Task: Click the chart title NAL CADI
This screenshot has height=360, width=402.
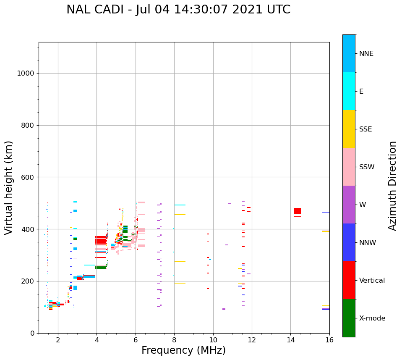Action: click(x=178, y=10)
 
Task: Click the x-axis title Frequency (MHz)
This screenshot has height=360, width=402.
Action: click(x=183, y=350)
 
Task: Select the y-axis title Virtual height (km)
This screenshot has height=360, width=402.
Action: click(x=9, y=188)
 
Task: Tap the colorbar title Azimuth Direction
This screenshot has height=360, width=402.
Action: click(x=392, y=186)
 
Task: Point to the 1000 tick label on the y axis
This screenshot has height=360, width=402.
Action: click(x=25, y=74)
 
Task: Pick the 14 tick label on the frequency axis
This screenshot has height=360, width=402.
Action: click(x=290, y=340)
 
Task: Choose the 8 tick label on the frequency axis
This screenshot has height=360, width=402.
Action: click(x=174, y=340)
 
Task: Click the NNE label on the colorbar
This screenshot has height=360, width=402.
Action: click(x=366, y=54)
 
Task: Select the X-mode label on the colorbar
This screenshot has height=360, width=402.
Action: click(x=372, y=318)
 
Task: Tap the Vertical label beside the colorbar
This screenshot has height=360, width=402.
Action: click(x=372, y=281)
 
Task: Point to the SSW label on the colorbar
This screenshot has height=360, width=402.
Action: click(x=366, y=167)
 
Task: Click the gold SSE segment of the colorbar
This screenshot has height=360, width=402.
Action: click(x=349, y=129)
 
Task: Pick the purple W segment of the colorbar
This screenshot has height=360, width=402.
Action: click(x=349, y=205)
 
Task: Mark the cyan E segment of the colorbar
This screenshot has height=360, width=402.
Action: click(x=349, y=91)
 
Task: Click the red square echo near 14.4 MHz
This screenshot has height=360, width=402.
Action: click(x=297, y=211)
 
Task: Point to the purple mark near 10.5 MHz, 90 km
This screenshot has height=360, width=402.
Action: click(x=224, y=309)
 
